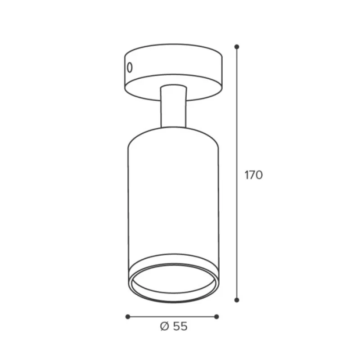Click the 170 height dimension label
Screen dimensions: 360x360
(x=253, y=175)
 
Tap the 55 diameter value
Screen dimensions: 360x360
(x=180, y=326)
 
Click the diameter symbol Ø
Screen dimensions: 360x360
(x=165, y=326)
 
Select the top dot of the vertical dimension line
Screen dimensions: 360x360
(x=237, y=47)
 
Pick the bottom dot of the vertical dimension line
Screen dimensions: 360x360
(x=237, y=300)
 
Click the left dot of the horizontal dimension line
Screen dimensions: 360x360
(x=128, y=317)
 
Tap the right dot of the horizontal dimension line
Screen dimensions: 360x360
(x=216, y=317)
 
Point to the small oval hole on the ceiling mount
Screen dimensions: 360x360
(x=130, y=67)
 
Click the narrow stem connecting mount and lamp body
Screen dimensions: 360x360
(x=174, y=107)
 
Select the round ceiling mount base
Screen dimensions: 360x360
(x=174, y=72)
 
